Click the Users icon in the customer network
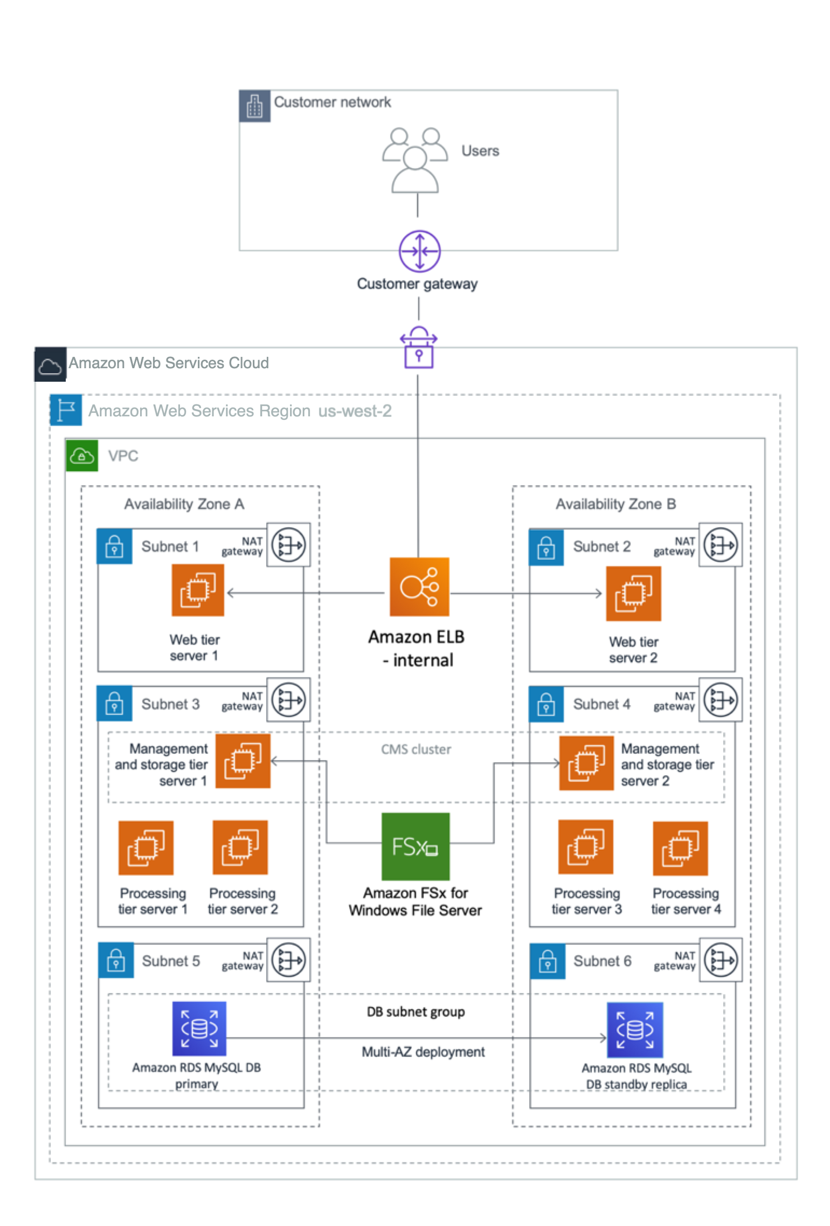(414, 160)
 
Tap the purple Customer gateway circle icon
(419, 251)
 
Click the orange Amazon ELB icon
(419, 587)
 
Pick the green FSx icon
(415, 846)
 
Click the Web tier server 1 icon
(198, 590)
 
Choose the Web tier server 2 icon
(633, 593)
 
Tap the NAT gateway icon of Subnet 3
(288, 700)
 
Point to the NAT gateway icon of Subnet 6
(721, 960)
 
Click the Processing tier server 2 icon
(240, 848)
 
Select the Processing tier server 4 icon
(680, 849)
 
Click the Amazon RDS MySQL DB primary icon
(199, 1029)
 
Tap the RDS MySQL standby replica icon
(635, 1030)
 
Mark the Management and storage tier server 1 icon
(243, 761)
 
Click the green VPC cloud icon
(82, 456)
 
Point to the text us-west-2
(355, 411)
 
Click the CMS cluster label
(416, 749)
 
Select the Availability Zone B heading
(615, 504)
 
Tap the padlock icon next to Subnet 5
(116, 961)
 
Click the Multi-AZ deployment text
(423, 1052)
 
